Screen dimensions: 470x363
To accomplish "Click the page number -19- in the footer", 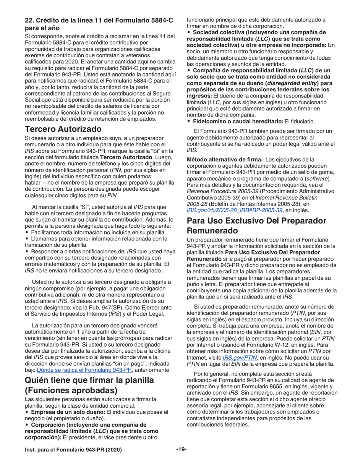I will coord(181,450).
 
